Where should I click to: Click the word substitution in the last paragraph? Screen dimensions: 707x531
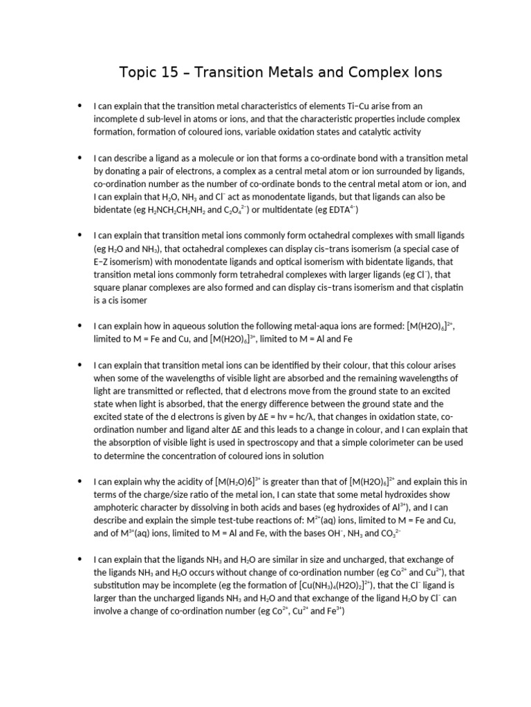[x=116, y=585]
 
